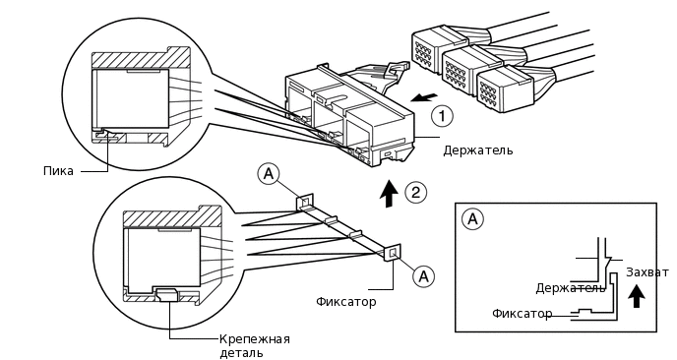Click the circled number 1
click(x=442, y=116)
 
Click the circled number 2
click(x=415, y=193)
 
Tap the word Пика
click(x=58, y=171)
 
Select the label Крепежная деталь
click(x=254, y=346)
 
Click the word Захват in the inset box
click(x=647, y=272)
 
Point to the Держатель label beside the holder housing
click(x=478, y=150)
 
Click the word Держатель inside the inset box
click(x=571, y=288)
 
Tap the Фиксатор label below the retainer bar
click(x=345, y=301)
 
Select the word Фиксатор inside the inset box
click(x=522, y=314)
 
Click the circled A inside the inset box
click(x=472, y=219)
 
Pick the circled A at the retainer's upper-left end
click(x=268, y=174)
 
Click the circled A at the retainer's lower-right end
click(x=423, y=275)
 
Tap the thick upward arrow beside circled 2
click(x=389, y=194)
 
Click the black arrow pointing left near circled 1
click(x=424, y=97)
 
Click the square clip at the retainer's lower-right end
click(x=393, y=253)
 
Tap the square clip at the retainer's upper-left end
click(x=303, y=202)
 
